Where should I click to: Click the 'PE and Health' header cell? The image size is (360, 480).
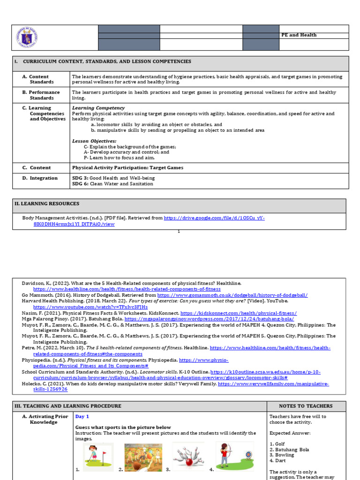(299, 35)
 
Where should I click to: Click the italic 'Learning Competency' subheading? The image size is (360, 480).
(98, 108)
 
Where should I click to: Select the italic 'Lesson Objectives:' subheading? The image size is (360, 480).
(94, 141)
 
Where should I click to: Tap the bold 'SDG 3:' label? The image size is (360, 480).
(80, 178)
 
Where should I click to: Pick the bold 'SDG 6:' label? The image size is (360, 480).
(80, 184)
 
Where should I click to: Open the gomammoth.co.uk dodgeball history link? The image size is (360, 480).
(232, 295)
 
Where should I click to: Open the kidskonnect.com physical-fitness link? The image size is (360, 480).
(238, 313)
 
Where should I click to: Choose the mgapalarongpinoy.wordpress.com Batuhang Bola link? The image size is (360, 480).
(209, 319)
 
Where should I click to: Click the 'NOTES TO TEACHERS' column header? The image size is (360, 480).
(306, 406)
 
